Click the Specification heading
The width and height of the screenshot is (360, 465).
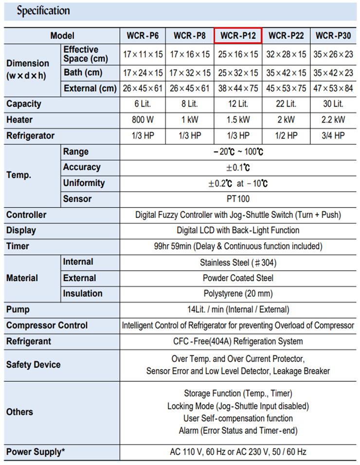pos(44,11)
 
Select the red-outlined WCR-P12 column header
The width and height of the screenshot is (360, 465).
pos(238,36)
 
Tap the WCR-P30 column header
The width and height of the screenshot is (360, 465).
pos(333,36)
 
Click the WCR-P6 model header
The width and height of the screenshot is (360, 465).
pos(143,36)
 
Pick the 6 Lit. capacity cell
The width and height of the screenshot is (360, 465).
pos(143,104)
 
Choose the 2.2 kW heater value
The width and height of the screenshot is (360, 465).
pos(333,120)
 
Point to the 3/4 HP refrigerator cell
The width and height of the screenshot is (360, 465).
pos(333,136)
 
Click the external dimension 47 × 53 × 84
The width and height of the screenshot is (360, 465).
pos(333,88)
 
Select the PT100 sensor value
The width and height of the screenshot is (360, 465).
pos(238,199)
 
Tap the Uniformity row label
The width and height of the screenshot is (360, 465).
pos(84,183)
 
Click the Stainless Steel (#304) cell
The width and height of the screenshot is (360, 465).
pos(238,263)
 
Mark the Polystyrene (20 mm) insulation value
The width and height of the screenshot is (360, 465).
pos(238,294)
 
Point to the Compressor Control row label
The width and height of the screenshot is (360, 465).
pos(47,325)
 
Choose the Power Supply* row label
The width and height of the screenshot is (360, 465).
pos(36,452)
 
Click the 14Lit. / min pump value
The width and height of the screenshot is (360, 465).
pos(238,309)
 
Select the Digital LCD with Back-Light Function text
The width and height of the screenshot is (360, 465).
pos(238,231)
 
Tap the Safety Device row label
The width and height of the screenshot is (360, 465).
pos(34,365)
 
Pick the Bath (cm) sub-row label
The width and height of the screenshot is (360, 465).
pos(83,73)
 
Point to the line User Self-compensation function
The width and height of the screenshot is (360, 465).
pos(238,418)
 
